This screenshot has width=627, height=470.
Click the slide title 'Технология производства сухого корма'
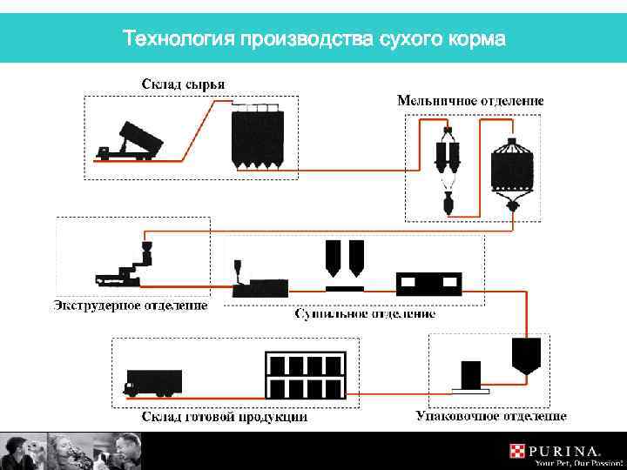tap(313, 39)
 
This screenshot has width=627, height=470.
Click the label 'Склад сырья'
tap(183, 84)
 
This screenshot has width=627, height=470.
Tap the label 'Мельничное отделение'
tap(470, 100)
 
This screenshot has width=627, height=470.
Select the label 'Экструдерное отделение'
tap(131, 305)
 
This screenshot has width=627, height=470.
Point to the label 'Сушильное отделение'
tap(365, 312)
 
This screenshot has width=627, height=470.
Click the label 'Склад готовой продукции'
tap(225, 417)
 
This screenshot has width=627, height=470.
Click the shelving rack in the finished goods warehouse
tap(306, 375)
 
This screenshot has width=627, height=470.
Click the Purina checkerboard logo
tap(517, 451)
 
